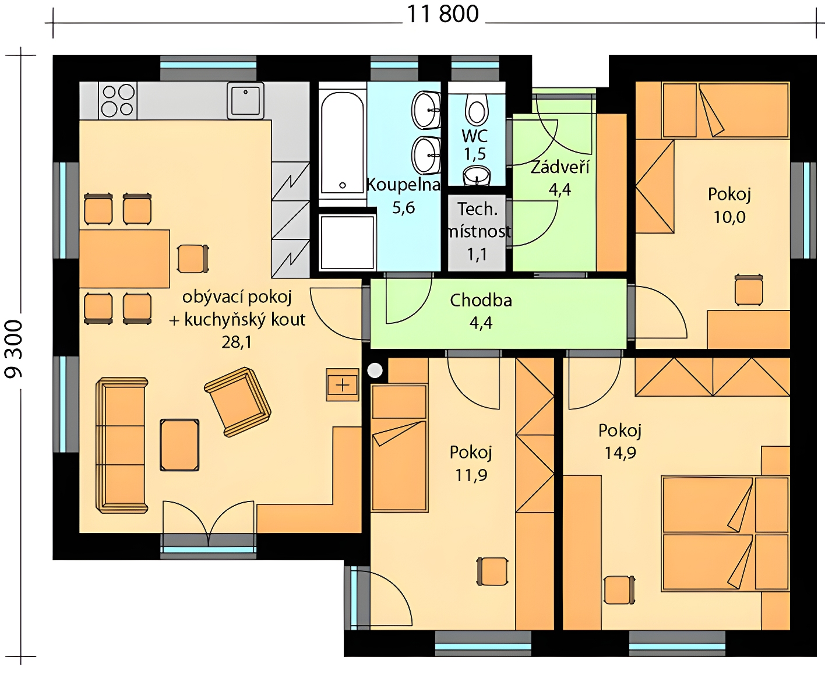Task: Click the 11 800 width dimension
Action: coord(442,15)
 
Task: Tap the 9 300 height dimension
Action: coord(13,349)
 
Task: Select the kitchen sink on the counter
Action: coord(245,101)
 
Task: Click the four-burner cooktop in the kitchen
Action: coord(118,101)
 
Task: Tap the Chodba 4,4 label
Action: coord(481,312)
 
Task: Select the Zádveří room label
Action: coord(560,168)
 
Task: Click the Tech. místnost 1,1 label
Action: coord(478,232)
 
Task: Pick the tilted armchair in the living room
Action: coord(238,402)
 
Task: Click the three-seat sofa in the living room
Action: coord(121,445)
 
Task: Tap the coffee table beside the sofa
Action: coord(179,445)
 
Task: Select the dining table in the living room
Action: coord(125,259)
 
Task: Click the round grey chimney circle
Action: coord(375,370)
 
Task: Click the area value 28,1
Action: coord(237,342)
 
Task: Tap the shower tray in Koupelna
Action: coord(347,242)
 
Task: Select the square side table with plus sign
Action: coord(343,384)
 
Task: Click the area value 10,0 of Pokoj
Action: coord(729,217)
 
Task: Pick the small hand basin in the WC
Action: coord(477,176)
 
